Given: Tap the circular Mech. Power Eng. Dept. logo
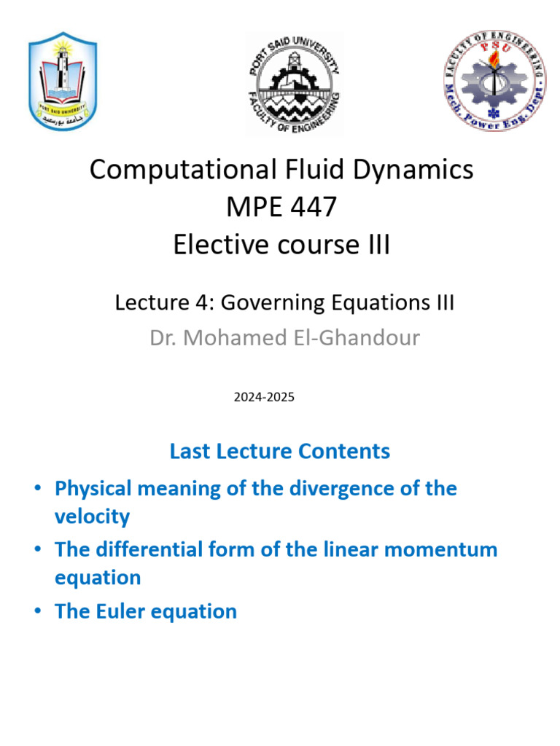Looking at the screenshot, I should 494,80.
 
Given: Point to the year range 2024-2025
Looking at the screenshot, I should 264,398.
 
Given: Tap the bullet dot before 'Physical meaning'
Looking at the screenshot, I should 36,488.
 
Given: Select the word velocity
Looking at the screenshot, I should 92,517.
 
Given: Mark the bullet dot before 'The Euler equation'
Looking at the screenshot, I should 36,611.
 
